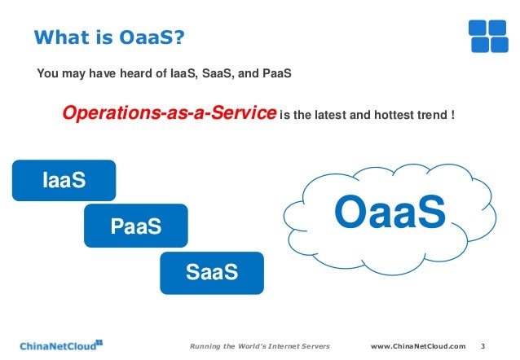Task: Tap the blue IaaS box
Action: click(x=64, y=180)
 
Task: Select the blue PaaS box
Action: click(x=135, y=226)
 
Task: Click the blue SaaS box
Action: click(x=212, y=272)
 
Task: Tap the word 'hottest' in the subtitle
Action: click(x=396, y=116)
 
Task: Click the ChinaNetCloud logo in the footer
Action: click(x=61, y=344)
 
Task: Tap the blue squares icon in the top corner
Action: click(x=488, y=33)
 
